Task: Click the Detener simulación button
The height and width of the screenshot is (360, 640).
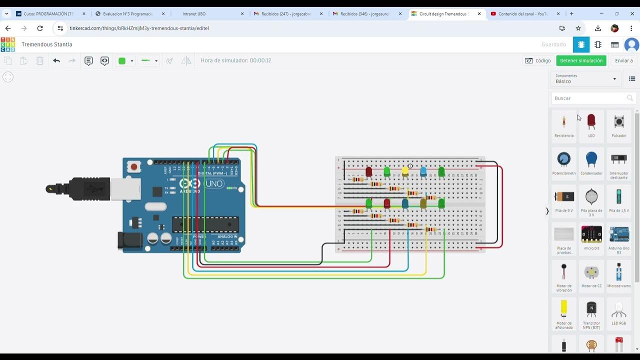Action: coord(581,60)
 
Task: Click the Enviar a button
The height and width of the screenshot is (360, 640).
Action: coord(623,60)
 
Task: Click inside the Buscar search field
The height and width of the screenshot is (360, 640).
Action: coord(587,98)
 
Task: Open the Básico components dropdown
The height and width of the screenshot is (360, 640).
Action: coord(586,79)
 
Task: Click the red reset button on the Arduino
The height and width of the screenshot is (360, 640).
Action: coord(133,166)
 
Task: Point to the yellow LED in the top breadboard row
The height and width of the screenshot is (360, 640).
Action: coord(405,171)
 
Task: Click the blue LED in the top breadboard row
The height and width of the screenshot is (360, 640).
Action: coord(423,171)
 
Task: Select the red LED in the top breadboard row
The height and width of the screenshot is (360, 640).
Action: coord(369,171)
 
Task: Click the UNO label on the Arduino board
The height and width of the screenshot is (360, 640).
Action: coord(214,184)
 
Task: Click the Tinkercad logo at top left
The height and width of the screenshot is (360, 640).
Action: coord(8,44)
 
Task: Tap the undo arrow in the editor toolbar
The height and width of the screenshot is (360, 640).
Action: coord(56,61)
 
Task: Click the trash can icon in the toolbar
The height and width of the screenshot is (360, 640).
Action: coord(40,61)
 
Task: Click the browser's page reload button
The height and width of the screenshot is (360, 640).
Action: coord(40,28)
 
